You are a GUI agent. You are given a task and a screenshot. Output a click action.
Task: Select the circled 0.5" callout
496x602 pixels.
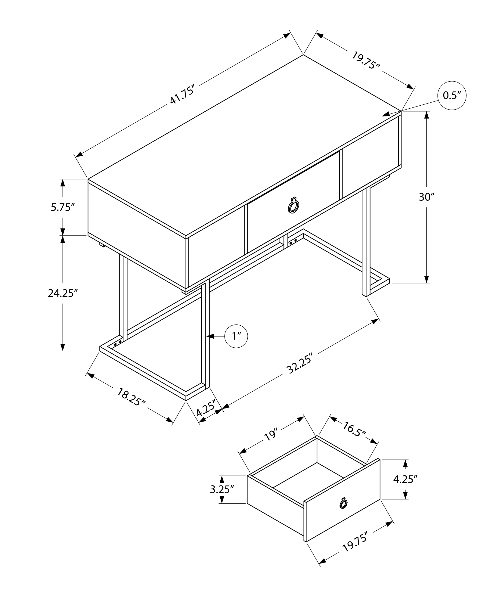452,95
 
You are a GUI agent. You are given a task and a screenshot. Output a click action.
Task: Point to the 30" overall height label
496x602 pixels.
427,197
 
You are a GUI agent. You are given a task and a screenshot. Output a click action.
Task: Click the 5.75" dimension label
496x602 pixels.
63,207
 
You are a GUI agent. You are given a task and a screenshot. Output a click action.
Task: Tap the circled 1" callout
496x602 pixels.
236,336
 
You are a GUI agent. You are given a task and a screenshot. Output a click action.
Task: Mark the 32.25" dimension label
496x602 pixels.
299,364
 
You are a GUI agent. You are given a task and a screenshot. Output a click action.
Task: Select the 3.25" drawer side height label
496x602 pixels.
222,490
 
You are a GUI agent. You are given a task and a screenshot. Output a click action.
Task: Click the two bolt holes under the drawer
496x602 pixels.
293,241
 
